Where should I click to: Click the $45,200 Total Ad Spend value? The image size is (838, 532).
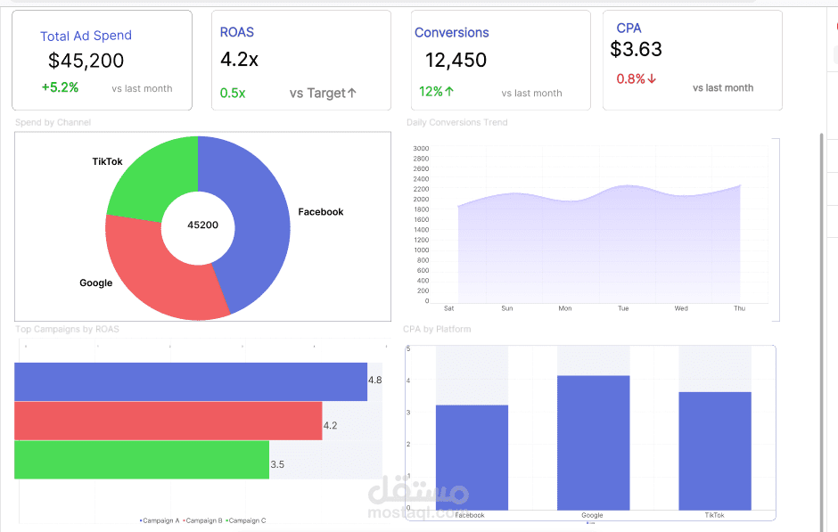click(86, 61)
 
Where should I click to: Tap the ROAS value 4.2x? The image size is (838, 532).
click(239, 60)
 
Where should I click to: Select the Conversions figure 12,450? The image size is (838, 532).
click(456, 61)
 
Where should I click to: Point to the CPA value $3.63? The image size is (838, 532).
click(637, 49)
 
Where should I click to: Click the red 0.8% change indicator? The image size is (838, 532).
click(636, 78)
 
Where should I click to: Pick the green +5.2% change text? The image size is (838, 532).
click(60, 87)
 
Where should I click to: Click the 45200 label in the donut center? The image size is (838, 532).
click(202, 225)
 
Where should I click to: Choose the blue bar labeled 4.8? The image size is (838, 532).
click(190, 381)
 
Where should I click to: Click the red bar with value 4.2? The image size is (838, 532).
click(168, 421)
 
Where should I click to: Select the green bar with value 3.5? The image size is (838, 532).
click(141, 460)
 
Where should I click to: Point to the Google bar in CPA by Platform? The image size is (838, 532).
click(593, 442)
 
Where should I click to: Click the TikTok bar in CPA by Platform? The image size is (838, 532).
click(715, 450)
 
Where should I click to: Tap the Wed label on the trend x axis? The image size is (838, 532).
click(681, 308)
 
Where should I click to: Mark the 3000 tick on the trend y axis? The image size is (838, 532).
click(421, 149)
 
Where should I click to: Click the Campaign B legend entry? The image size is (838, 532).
click(204, 520)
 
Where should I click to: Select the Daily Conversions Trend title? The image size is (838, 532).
click(456, 122)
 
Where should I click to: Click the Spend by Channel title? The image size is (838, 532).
click(53, 122)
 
